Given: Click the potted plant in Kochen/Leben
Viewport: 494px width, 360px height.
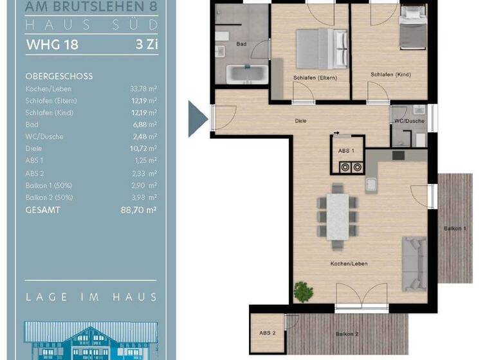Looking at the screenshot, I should tap(303, 291).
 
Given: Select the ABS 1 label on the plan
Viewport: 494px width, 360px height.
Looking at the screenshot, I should tap(346, 150).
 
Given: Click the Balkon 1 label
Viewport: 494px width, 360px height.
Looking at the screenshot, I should tap(455, 229).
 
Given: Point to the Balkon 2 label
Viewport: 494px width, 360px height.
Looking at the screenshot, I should tap(347, 334).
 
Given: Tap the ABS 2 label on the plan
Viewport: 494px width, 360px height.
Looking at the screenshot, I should tap(268, 332).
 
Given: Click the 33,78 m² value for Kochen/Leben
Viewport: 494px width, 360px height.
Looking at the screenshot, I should tap(143, 89).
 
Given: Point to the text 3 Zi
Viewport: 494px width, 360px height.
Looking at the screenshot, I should tap(146, 45).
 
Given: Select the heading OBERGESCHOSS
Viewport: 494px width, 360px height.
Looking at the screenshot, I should tap(59, 76).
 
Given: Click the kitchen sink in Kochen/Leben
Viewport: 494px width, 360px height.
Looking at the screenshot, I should tap(372, 186).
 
